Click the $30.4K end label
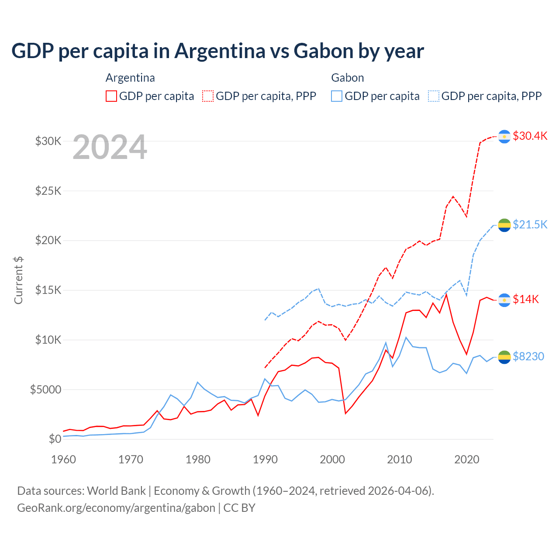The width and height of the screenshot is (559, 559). click(x=530, y=136)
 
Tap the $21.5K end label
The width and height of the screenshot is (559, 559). click(x=530, y=224)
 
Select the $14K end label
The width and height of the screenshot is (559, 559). click(x=526, y=299)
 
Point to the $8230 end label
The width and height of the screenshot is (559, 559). click(x=528, y=356)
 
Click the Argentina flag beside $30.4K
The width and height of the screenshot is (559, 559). click(x=504, y=137)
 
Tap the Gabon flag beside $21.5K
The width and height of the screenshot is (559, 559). click(x=504, y=225)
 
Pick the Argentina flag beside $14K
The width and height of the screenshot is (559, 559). click(x=504, y=300)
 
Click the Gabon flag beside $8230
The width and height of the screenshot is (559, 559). click(x=504, y=357)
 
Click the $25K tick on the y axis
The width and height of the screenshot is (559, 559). click(x=48, y=191)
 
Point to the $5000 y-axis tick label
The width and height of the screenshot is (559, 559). click(x=46, y=390)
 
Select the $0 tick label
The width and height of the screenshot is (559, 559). click(x=55, y=439)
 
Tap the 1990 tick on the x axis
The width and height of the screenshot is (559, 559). click(x=265, y=459)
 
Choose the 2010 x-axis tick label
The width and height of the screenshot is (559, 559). click(x=400, y=459)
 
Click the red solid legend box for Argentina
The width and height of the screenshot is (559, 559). click(x=111, y=96)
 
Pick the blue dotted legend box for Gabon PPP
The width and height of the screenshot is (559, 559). click(x=434, y=96)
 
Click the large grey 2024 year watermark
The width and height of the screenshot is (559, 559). click(x=110, y=147)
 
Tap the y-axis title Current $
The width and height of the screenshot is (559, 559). click(x=18, y=280)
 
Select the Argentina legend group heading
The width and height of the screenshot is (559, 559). click(x=130, y=78)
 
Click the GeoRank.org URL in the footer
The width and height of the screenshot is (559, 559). click(x=116, y=508)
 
